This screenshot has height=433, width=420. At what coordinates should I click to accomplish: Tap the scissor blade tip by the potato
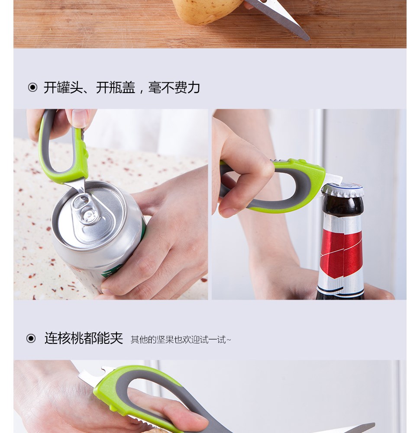click(308, 39)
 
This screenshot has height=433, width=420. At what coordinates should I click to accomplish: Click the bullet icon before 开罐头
click(32, 87)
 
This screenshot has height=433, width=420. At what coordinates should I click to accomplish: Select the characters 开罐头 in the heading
click(63, 87)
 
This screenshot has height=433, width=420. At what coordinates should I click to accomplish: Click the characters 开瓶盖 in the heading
click(116, 87)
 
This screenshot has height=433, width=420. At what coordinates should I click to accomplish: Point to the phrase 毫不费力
click(174, 87)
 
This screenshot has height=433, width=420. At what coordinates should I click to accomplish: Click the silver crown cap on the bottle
click(342, 189)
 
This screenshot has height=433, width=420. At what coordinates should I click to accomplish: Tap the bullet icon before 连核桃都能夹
click(31, 338)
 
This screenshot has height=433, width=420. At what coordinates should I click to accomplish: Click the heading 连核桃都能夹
click(84, 338)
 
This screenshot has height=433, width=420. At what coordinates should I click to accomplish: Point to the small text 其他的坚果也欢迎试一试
click(180, 339)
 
